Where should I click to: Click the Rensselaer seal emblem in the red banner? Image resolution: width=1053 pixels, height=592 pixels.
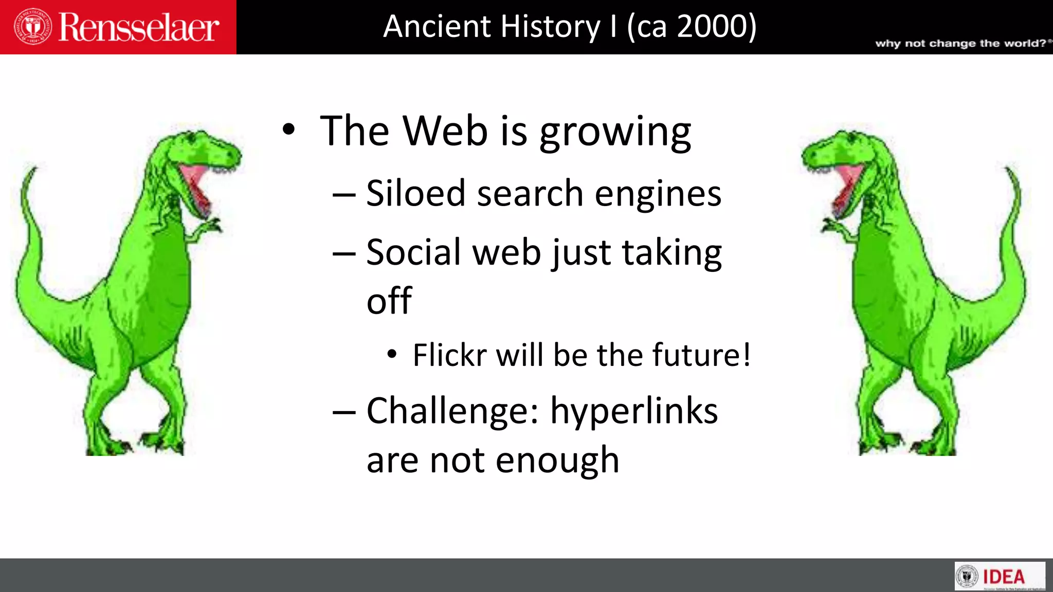point(32,27)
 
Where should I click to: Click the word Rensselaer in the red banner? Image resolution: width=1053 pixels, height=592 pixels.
point(139,28)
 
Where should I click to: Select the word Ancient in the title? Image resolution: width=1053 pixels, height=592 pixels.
point(437,27)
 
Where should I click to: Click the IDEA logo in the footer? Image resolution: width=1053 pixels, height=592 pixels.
point(1000,577)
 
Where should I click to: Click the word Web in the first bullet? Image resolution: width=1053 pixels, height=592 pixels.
point(445,132)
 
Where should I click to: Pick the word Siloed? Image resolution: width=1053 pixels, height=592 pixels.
point(415,194)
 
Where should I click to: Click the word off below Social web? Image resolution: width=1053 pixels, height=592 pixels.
point(389,301)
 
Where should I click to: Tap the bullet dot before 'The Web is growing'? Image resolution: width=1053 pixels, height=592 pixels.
point(289,131)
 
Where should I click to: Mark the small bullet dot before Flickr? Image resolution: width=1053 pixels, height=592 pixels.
point(392,354)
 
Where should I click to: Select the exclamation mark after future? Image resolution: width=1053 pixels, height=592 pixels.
point(746,355)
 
